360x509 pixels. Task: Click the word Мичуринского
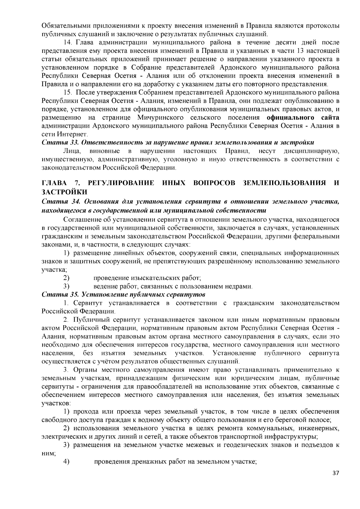click(161, 117)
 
